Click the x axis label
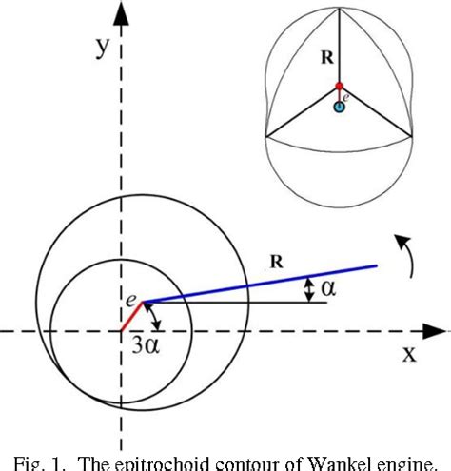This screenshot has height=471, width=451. [x=408, y=354]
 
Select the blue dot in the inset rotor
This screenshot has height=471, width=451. [x=339, y=107]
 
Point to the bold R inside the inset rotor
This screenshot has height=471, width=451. [x=325, y=57]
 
